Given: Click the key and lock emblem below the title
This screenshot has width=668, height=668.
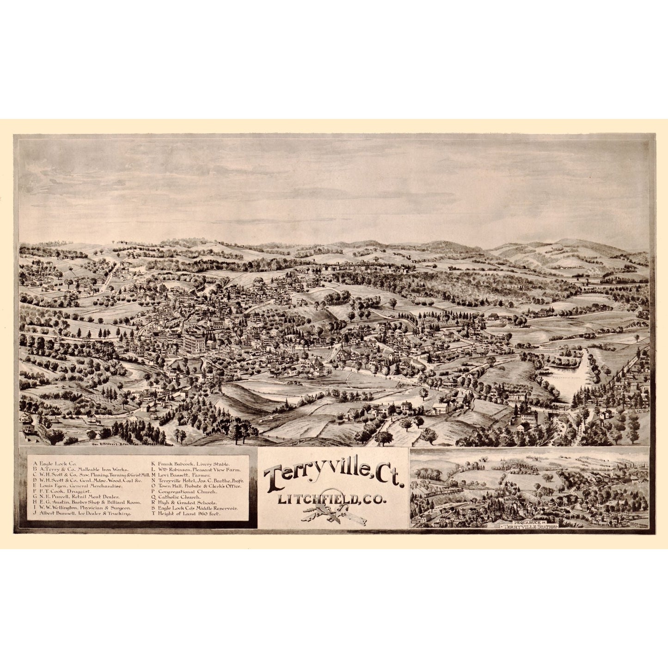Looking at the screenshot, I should point(333,513).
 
